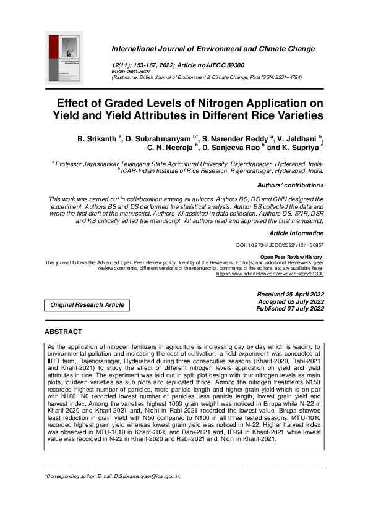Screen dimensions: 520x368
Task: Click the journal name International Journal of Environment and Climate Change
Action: pyautogui.click(x=213, y=49)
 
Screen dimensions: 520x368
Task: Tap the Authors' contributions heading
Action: pyautogui.click(x=289, y=185)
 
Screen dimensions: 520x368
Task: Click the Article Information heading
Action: pyautogui.click(x=296, y=233)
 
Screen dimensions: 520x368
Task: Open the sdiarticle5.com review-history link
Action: pyautogui.click(x=278, y=272)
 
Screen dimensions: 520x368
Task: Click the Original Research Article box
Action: pyautogui.click(x=87, y=304)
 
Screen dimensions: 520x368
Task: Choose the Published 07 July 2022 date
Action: pyautogui.click(x=289, y=308)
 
